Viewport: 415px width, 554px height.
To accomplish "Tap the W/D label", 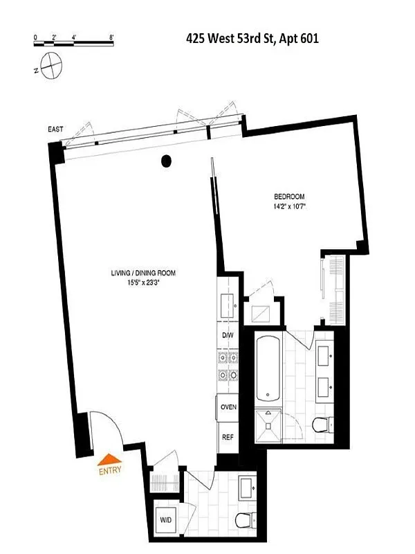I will pyautogui.click(x=166, y=519).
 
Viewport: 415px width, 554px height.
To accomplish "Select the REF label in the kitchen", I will pyautogui.click(x=227, y=437).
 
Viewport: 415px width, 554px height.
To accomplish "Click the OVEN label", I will pyautogui.click(x=228, y=406).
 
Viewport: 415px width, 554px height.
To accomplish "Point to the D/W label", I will pyautogui.click(x=228, y=335).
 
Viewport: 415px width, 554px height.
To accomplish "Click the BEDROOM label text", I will pyautogui.click(x=289, y=196).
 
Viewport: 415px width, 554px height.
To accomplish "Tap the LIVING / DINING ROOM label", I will pyautogui.click(x=143, y=274).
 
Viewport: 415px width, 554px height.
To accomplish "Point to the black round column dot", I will pyautogui.click(x=166, y=162).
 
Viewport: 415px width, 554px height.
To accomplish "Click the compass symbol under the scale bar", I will pyautogui.click(x=51, y=67).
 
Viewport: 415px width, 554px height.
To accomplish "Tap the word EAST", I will pyautogui.click(x=57, y=129).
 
